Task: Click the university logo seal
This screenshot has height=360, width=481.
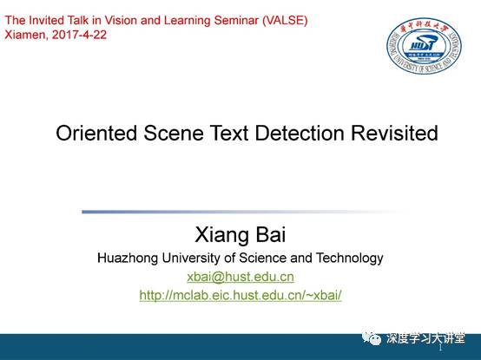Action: coord(424,46)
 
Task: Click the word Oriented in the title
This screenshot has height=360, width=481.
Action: coord(96,134)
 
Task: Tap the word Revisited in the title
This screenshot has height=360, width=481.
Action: coord(394,134)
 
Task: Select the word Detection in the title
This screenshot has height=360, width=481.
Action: coord(300,134)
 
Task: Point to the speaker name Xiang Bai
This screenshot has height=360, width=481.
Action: coord(240,235)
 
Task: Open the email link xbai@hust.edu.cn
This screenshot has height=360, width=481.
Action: coord(240,277)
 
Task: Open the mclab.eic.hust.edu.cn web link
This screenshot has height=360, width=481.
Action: coord(240,295)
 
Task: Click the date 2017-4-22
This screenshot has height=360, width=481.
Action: coord(79,35)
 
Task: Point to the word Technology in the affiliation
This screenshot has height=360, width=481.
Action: coord(350,258)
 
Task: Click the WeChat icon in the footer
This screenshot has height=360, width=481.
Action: coord(372,338)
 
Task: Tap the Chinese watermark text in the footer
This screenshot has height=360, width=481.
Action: coord(425,338)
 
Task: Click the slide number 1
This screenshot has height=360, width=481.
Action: coord(440,348)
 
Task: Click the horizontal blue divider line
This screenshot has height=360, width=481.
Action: coord(246,212)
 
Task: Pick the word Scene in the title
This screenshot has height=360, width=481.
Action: coord(174,134)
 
